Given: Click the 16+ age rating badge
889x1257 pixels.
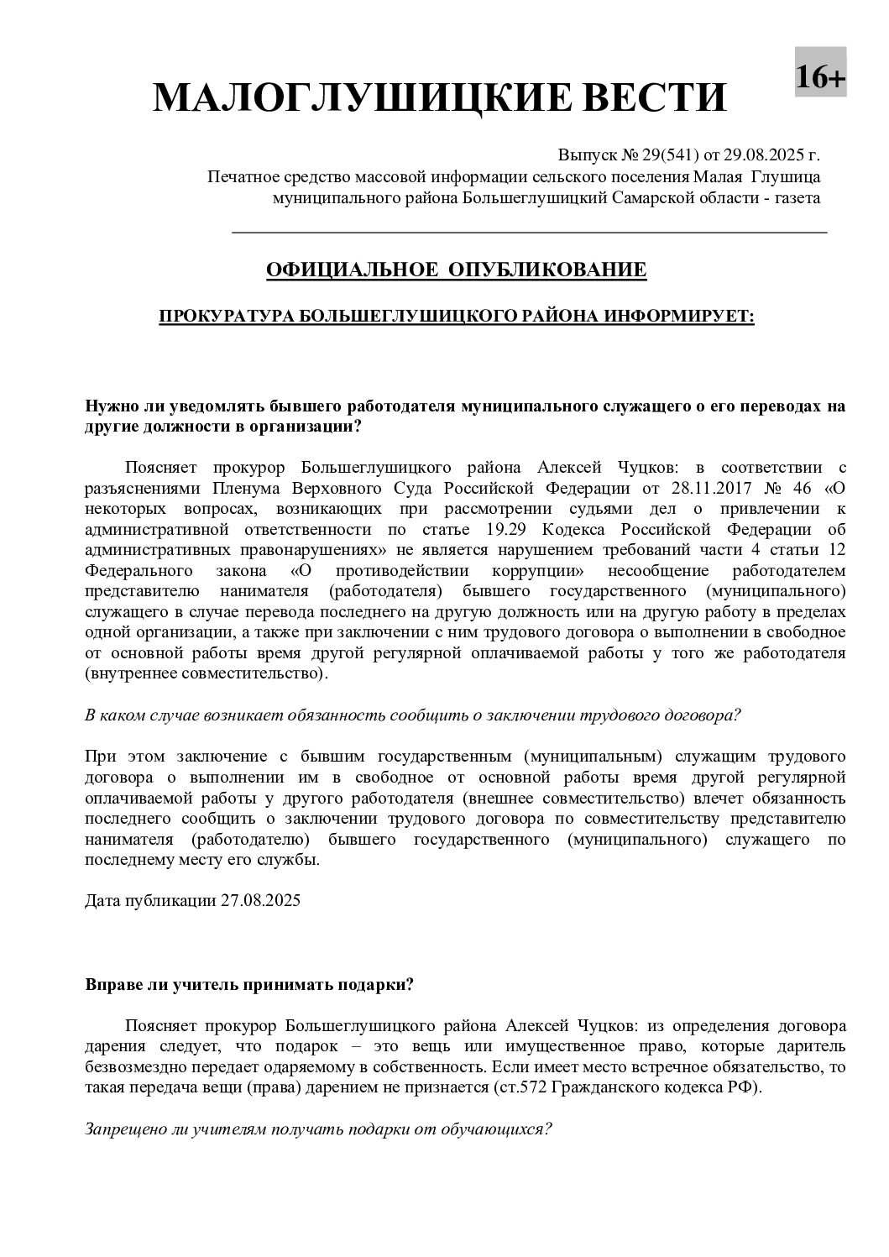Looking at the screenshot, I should tap(820, 78).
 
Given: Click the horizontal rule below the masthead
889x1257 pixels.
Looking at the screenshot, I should tap(529, 231).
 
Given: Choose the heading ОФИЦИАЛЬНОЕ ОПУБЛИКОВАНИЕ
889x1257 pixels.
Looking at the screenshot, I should tap(456, 270).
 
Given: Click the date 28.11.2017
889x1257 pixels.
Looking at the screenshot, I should tap(704, 489).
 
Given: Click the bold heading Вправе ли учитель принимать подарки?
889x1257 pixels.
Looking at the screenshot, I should tap(249, 985).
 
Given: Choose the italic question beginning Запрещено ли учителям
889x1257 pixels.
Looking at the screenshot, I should tap(318, 1129).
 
